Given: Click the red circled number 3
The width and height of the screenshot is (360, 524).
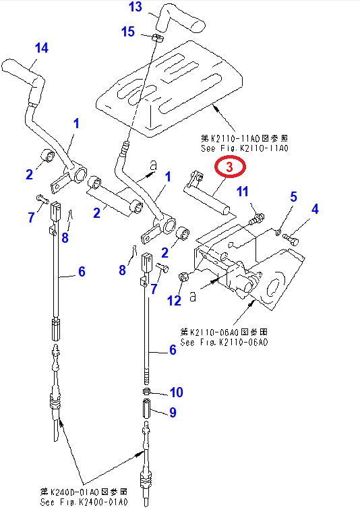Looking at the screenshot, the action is click(x=229, y=167).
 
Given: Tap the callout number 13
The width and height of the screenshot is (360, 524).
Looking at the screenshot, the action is click(x=136, y=7).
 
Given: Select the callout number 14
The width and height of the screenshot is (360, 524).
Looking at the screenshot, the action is click(x=42, y=48).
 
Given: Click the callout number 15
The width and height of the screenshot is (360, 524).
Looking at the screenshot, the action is click(x=128, y=32).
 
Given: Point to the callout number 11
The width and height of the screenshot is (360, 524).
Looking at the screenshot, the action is click(x=243, y=192).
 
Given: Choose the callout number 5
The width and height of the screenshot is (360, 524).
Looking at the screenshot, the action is click(x=293, y=197).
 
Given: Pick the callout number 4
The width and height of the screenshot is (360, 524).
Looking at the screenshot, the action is click(x=315, y=209).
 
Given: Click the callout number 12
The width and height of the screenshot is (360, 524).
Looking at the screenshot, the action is click(x=174, y=300).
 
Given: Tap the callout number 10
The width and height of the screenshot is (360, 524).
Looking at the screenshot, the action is click(x=177, y=392).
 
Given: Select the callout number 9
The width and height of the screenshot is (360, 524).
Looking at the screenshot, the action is click(x=173, y=412).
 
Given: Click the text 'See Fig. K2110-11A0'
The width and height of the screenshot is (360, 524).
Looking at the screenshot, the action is click(x=245, y=148).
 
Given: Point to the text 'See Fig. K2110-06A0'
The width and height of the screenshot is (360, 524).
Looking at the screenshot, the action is click(x=224, y=342).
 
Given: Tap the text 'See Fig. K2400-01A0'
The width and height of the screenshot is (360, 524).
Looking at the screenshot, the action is click(x=84, y=502).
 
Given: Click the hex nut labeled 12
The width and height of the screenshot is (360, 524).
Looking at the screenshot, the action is click(x=183, y=276).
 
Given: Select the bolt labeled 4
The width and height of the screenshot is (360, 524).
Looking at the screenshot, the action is click(x=291, y=239).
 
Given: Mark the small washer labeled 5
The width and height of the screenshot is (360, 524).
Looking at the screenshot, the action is click(x=278, y=231).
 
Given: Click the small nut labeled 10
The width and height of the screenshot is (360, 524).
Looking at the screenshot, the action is click(x=146, y=391).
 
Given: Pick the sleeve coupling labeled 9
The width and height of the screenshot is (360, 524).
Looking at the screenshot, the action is click(x=147, y=408).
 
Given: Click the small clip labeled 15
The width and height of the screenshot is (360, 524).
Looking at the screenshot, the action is click(x=156, y=38).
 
